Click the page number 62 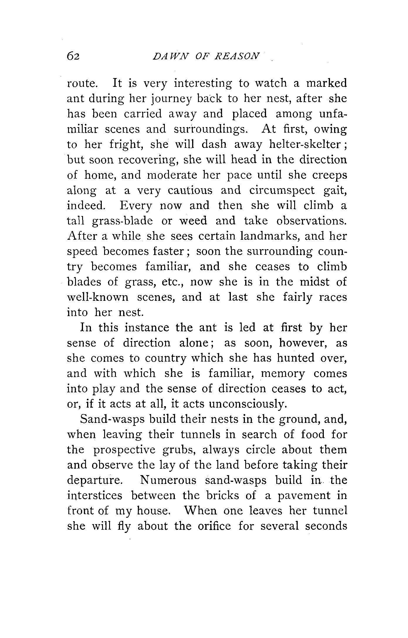tap(73, 56)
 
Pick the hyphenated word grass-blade tap(122, 221)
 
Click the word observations tap(311, 221)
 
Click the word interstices tap(94, 496)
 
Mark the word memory tap(283, 374)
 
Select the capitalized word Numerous tap(168, 480)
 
